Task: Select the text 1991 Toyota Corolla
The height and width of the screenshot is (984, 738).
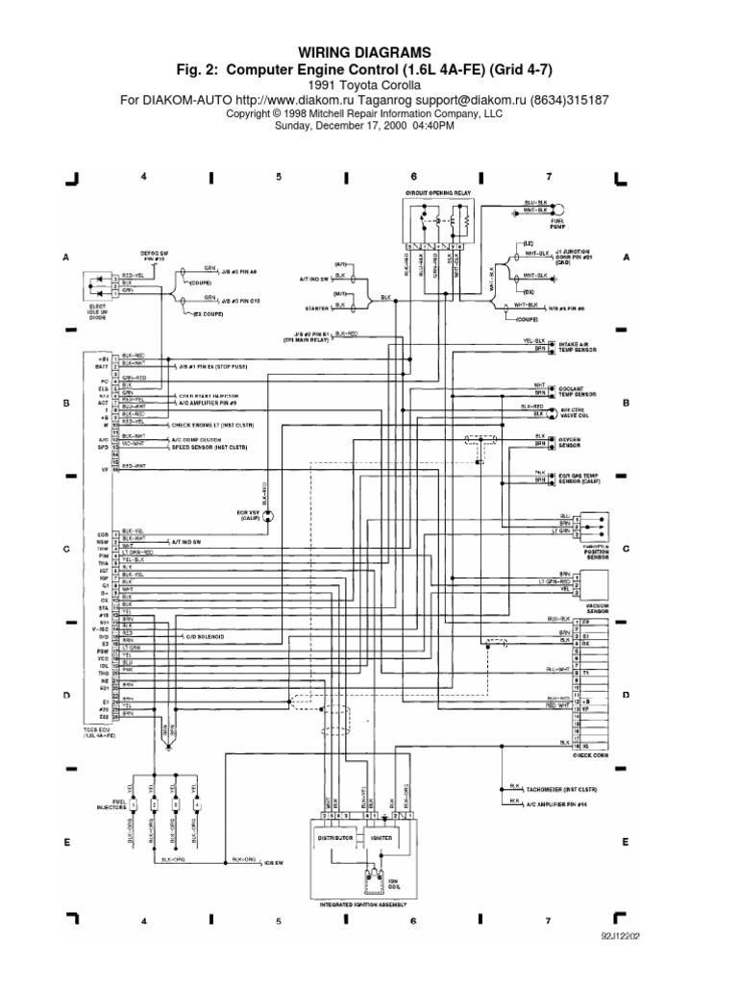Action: point(370,85)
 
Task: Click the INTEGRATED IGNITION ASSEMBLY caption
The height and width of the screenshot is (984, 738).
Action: point(361,905)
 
